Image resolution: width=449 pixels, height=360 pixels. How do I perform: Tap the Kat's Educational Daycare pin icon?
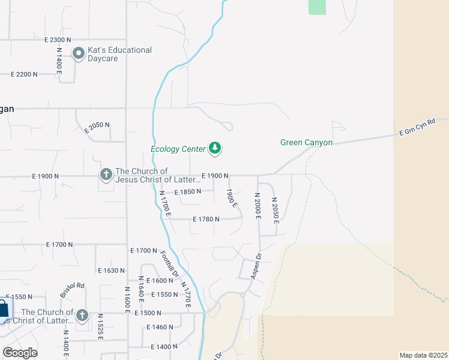(x=78, y=54)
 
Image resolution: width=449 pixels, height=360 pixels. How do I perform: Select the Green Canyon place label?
(x=306, y=143)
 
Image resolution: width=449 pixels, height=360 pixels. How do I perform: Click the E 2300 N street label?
(x=62, y=40)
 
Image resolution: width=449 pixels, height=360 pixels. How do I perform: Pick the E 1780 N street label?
(x=206, y=220)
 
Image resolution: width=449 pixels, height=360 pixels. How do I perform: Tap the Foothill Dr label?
(x=170, y=262)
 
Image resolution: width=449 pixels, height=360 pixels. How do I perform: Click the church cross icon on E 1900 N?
(x=106, y=175)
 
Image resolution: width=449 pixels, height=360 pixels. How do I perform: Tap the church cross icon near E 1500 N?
(x=82, y=315)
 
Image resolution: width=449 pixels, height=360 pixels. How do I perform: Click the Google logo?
(x=20, y=352)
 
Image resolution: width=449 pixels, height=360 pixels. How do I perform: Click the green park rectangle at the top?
(x=317, y=7)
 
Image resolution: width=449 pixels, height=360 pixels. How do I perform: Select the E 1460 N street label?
(x=160, y=328)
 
